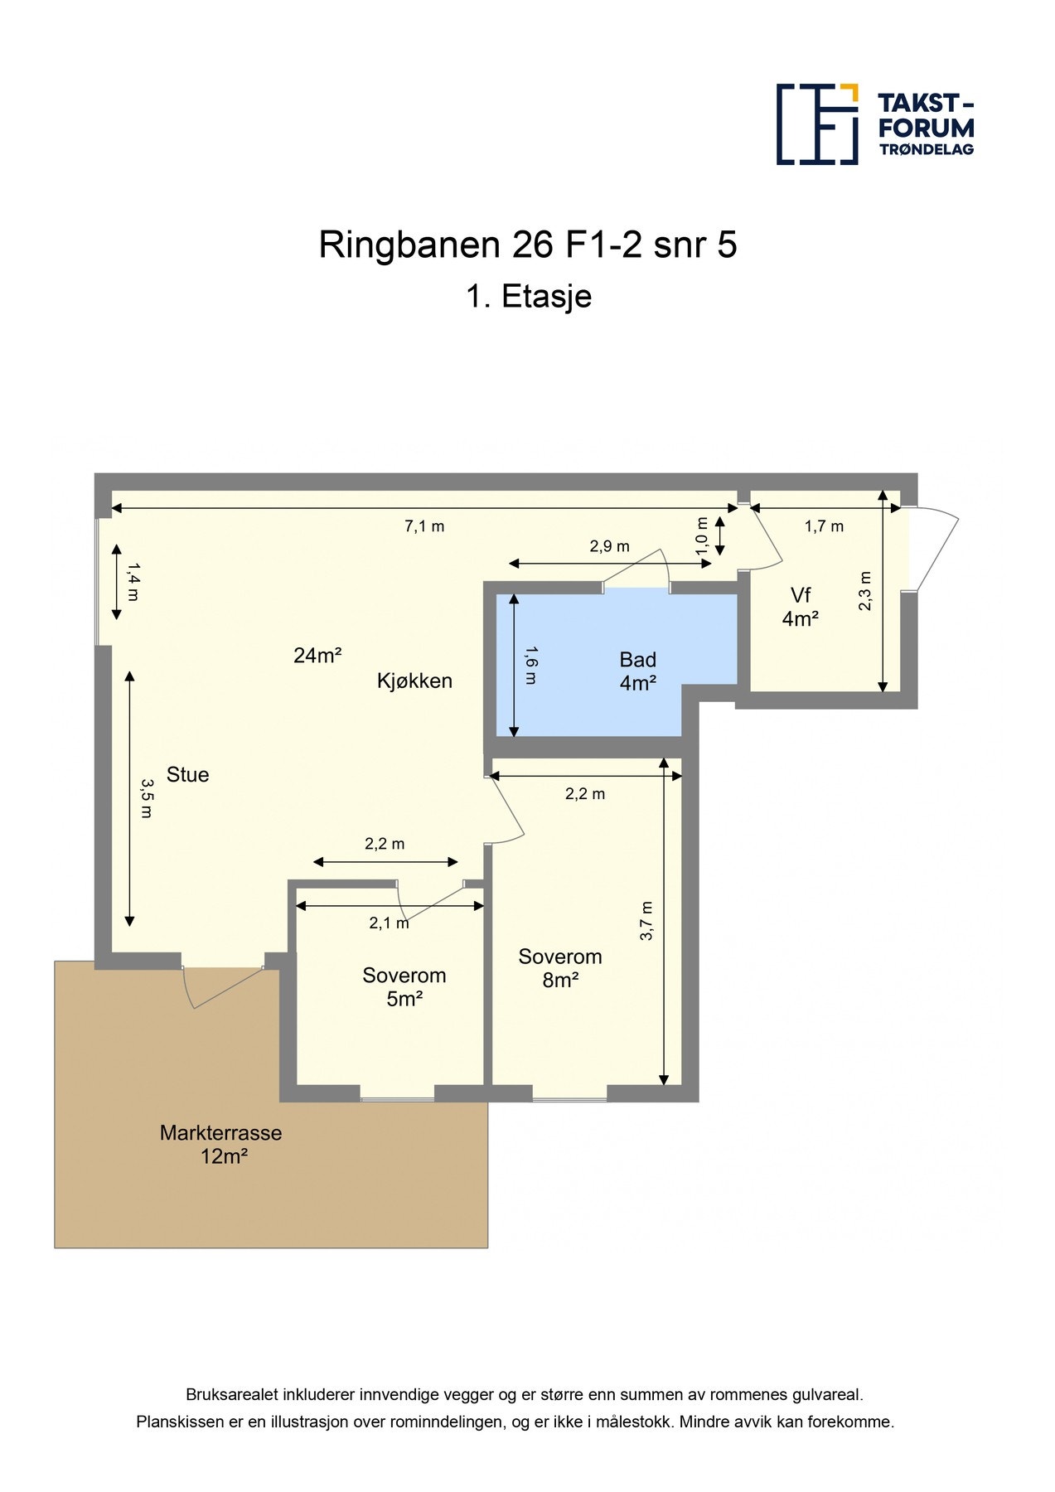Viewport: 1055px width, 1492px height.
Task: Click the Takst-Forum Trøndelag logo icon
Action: click(816, 124)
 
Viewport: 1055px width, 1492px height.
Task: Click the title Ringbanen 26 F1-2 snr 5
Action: click(527, 245)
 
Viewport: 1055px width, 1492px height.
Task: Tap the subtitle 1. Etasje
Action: click(528, 297)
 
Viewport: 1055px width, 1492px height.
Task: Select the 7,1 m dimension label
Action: click(424, 526)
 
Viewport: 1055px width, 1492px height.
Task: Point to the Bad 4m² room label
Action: click(637, 671)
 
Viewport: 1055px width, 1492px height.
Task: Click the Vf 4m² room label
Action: click(801, 607)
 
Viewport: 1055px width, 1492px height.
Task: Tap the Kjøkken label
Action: click(414, 681)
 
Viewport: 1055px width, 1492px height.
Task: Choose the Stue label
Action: click(187, 775)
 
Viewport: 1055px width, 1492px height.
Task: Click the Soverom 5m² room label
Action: click(404, 987)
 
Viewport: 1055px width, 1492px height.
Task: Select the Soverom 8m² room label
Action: click(560, 968)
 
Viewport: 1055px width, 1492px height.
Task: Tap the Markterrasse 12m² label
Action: click(221, 1145)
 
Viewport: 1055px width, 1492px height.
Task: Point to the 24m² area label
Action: click(317, 656)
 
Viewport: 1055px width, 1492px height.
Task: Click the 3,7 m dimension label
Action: click(647, 920)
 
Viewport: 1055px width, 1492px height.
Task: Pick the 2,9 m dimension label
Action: click(609, 546)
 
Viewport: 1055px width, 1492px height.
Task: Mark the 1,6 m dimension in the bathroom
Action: click(530, 666)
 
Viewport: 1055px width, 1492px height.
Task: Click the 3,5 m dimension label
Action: click(146, 798)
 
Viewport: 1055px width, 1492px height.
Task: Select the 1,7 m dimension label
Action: click(824, 526)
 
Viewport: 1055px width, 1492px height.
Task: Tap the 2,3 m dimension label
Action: click(865, 591)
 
